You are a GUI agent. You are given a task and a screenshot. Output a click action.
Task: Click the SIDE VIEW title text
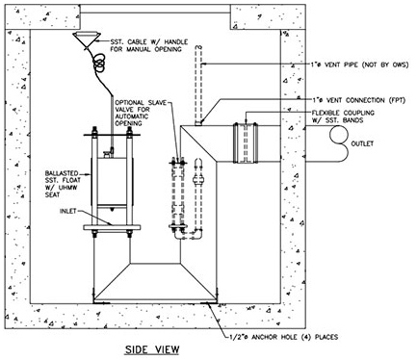click(152, 349)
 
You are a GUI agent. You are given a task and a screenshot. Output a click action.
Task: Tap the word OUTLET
click(362, 143)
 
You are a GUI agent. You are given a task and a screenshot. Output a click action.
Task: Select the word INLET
click(68, 211)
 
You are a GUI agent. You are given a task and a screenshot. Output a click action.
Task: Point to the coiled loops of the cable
click(99, 63)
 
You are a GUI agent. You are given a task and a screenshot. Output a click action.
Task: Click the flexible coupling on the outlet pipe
click(246, 142)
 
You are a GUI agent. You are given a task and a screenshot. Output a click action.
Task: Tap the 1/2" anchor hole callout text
click(283, 337)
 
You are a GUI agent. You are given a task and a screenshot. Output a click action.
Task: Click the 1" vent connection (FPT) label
click(359, 100)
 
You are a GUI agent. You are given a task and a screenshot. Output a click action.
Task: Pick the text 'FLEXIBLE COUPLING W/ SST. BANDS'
click(343, 116)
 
